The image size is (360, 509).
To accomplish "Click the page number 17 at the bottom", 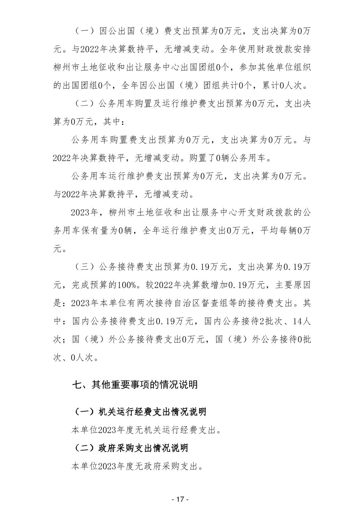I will click(180, 499).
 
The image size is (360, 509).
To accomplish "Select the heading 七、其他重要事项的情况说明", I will click(135, 385).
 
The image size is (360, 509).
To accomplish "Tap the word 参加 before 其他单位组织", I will click(247, 67).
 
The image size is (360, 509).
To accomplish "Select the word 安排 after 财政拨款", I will click(302, 49).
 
